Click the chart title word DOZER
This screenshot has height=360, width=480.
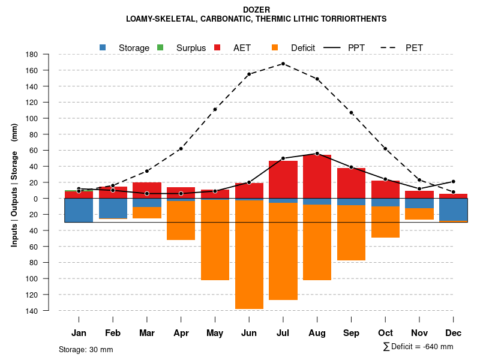256,10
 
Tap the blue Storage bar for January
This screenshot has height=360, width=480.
79,210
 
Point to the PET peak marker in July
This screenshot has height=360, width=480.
283,64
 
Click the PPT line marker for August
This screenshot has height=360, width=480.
317,154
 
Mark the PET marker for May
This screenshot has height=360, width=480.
215,109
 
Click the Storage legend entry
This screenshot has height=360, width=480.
126,47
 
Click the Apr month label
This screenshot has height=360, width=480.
181,333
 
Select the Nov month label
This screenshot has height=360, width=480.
419,333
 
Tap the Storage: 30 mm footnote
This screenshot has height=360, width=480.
86,349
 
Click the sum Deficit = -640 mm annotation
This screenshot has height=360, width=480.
418,347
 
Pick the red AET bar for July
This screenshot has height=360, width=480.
283,179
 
